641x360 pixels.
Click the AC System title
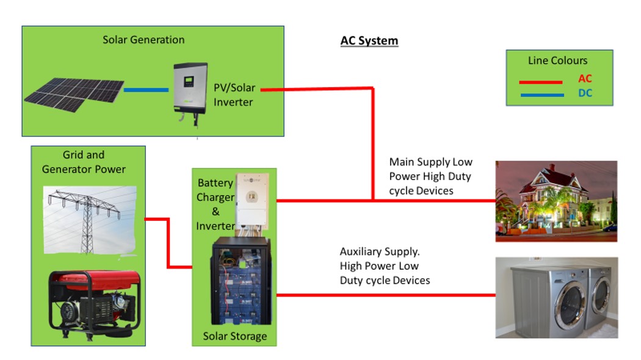pos(369,41)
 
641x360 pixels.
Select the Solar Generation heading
pos(143,40)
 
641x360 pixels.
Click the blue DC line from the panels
pos(146,90)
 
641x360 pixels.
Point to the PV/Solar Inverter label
pos(234,95)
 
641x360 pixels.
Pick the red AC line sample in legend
pos(540,82)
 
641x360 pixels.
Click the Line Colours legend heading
pos(557,60)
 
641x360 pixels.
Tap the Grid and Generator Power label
pos(84,162)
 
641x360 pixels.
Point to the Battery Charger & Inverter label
pos(215,204)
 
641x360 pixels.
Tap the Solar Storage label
pos(234,336)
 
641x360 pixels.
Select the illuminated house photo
pos(556,201)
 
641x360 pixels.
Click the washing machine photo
pos(556,297)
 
